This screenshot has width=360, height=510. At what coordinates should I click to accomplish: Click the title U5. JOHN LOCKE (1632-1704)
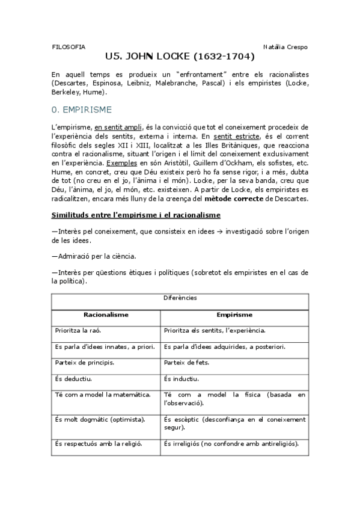pos(180,58)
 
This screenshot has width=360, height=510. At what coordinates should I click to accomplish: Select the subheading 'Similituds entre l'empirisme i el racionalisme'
pos(136,215)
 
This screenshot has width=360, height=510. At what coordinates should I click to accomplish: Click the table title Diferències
pos(180,297)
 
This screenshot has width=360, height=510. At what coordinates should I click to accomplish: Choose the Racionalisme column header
pos(106,314)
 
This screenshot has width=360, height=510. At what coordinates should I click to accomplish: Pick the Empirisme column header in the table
pos(234,314)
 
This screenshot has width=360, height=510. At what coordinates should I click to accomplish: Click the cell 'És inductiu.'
pos(180,379)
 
